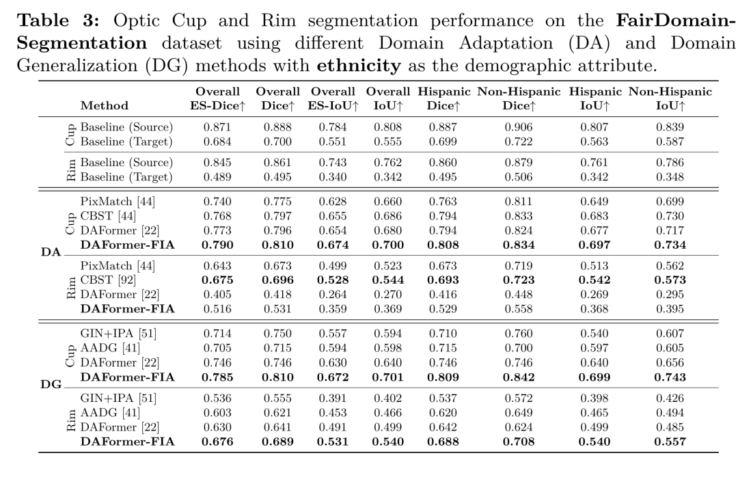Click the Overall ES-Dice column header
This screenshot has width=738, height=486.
(218, 98)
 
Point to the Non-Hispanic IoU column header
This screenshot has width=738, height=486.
(670, 98)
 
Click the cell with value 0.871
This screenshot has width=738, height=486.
(218, 127)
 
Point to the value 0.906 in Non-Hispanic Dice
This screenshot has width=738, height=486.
(519, 127)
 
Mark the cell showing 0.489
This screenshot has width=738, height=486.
(218, 176)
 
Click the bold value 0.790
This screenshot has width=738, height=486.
(218, 245)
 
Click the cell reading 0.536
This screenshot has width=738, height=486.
(218, 398)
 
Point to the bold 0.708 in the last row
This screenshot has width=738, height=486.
(519, 441)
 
